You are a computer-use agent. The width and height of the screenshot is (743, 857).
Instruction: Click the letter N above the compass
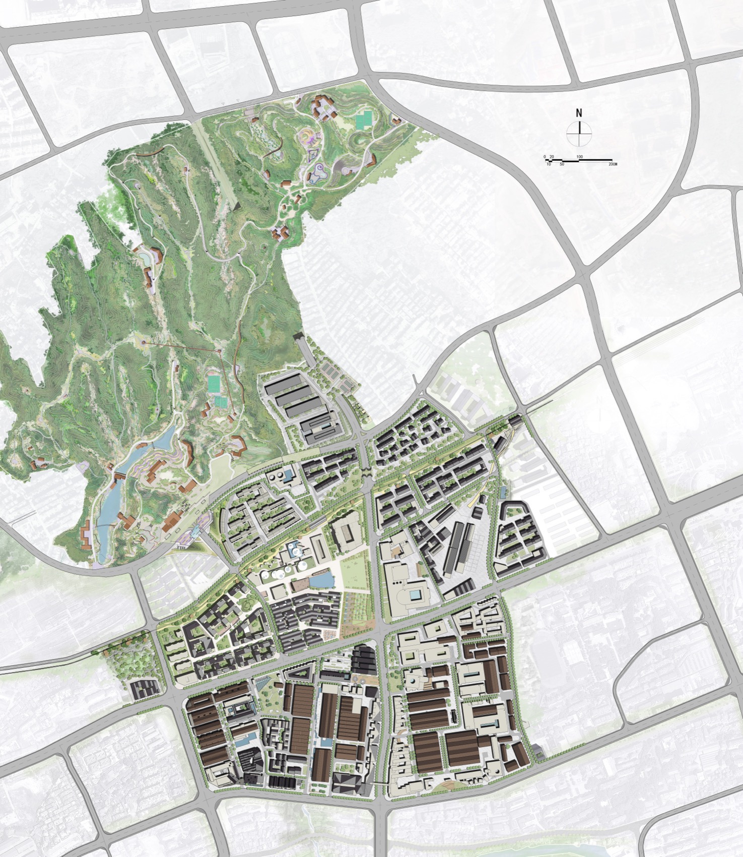[579, 113]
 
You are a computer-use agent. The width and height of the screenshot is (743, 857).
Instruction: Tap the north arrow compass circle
[579, 133]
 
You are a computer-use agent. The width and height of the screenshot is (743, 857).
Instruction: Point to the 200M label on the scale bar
[612, 164]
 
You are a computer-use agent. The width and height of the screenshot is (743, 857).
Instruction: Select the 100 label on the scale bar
[580, 157]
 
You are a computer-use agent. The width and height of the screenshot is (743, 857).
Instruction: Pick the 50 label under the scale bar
[562, 164]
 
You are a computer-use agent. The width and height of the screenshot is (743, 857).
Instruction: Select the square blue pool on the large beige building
[417, 595]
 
